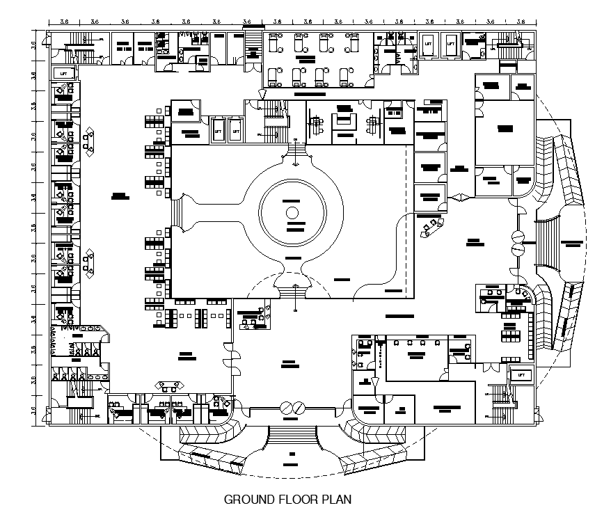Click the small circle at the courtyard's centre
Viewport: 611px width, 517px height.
[x=292, y=212]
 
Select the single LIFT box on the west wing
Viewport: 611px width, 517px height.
[x=64, y=72]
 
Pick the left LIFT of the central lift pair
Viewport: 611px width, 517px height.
[x=218, y=130]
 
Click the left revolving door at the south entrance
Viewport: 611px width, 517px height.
[x=285, y=408]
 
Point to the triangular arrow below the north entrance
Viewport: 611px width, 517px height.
[x=262, y=94]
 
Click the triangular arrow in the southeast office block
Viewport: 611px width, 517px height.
[x=374, y=381]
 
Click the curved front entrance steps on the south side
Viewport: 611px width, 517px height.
[x=292, y=435]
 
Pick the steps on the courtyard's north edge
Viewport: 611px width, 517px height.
[x=297, y=148]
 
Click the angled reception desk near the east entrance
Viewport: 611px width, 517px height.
[x=430, y=226]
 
